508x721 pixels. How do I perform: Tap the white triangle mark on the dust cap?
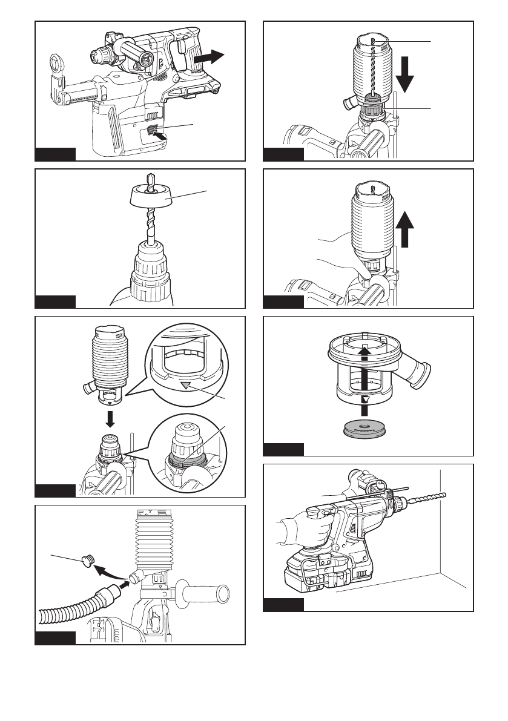click(366, 401)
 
